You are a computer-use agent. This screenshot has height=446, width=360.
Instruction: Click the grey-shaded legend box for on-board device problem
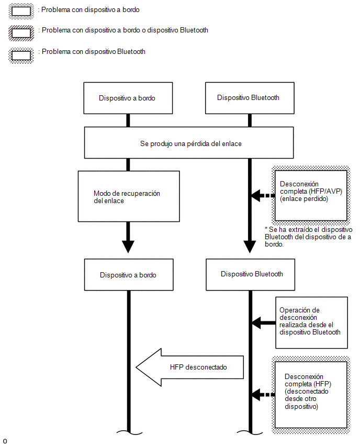click(21, 12)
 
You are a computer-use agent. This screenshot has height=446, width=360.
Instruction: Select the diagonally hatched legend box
click(21, 33)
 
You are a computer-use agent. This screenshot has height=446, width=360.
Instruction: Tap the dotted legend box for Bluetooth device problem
click(21, 55)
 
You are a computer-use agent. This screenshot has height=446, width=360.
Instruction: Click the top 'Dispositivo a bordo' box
click(128, 98)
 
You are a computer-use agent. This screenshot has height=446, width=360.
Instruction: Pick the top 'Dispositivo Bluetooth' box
click(250, 98)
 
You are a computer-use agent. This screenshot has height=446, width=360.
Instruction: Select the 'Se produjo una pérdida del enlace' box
click(189, 143)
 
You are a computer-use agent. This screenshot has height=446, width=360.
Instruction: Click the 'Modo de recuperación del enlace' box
click(129, 196)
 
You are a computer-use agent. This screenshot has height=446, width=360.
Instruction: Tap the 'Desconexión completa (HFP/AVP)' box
click(311, 195)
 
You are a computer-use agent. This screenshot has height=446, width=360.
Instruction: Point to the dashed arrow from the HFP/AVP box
click(263, 195)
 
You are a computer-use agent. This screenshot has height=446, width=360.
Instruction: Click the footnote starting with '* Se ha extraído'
click(308, 237)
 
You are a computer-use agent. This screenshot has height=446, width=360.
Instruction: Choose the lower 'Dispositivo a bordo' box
click(129, 275)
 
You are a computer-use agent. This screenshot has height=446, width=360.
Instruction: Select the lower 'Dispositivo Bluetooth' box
click(251, 275)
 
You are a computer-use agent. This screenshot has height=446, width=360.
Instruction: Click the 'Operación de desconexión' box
click(312, 323)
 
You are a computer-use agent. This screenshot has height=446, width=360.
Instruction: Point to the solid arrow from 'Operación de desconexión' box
click(264, 323)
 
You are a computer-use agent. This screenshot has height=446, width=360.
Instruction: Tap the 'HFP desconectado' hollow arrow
click(189, 367)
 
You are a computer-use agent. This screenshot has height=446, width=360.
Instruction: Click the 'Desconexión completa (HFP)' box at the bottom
click(311, 395)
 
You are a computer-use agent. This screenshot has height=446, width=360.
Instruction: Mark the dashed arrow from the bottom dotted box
click(263, 395)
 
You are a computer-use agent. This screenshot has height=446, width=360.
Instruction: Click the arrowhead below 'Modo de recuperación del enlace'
click(128, 247)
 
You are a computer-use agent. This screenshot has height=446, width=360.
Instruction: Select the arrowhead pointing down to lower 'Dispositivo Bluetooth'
click(250, 247)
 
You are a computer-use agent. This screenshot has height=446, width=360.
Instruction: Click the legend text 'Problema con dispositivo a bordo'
click(91, 9)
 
